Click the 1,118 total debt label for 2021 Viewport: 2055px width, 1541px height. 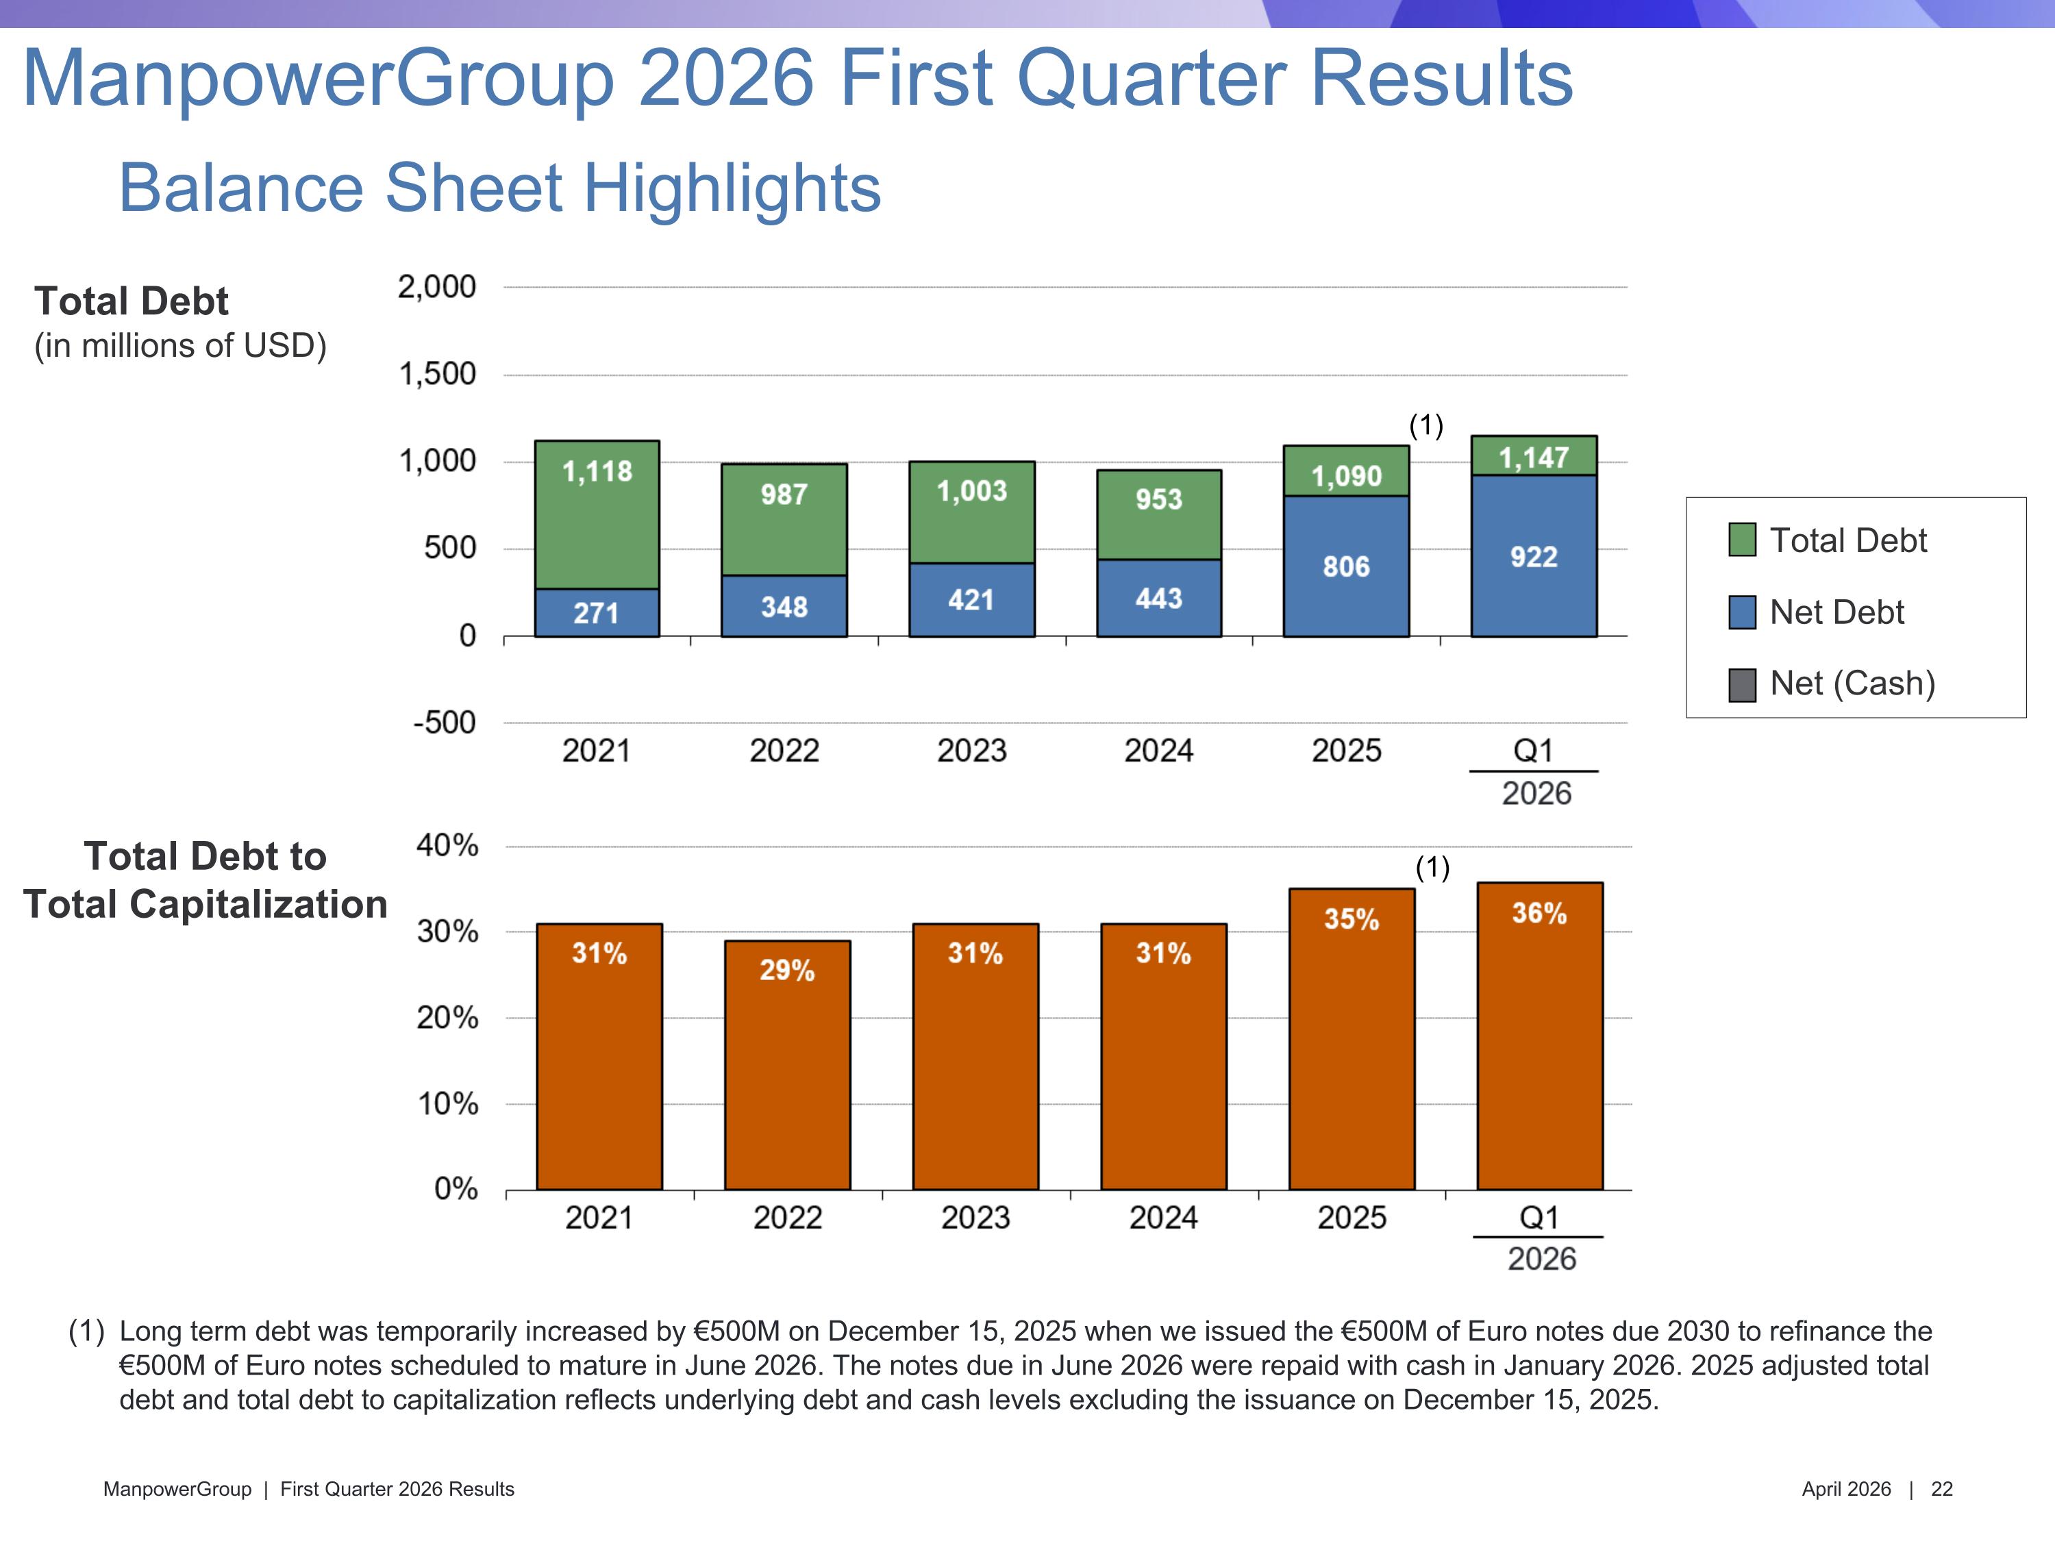(x=597, y=472)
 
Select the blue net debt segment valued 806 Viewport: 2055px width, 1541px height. (x=1346, y=566)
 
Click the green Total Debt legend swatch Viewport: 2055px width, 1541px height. (x=1742, y=540)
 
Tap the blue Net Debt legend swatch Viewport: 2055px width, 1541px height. (x=1742, y=612)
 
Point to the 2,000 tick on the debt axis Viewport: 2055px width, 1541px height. (x=436, y=287)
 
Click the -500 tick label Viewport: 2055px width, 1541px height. (x=444, y=723)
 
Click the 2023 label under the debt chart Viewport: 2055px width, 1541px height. (x=972, y=751)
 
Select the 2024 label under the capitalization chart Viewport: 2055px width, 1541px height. (x=1163, y=1218)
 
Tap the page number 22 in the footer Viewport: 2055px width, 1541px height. (x=1942, y=1489)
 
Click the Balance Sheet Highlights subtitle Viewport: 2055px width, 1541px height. (x=500, y=188)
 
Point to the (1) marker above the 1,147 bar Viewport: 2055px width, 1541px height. (x=1426, y=425)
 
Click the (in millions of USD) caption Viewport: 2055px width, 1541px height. (x=180, y=346)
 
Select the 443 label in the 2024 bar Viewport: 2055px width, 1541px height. (x=1158, y=598)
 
